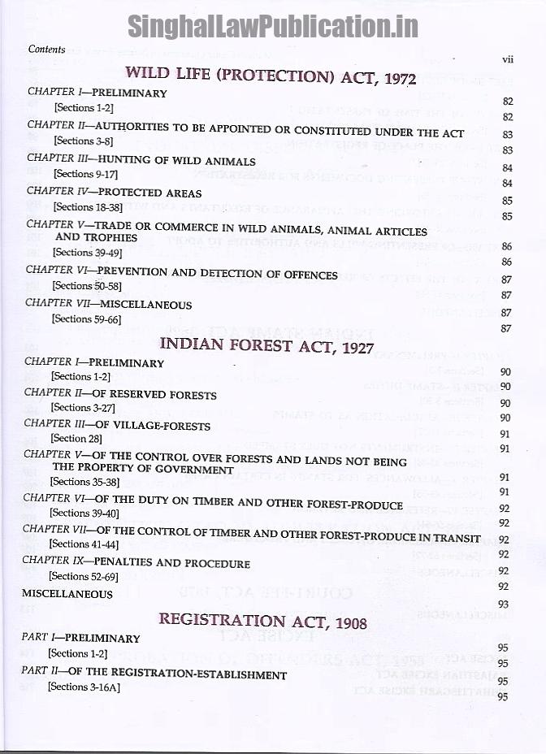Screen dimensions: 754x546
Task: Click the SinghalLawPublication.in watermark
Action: click(x=272, y=26)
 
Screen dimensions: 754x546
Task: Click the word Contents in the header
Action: click(x=46, y=50)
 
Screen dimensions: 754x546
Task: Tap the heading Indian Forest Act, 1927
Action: click(x=266, y=344)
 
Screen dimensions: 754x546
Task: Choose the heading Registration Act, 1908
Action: click(x=262, y=622)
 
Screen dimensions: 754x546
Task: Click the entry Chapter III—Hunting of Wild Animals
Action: click(x=141, y=161)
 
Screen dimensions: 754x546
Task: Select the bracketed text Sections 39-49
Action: click(x=84, y=253)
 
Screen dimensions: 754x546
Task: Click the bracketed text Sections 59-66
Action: click(x=83, y=319)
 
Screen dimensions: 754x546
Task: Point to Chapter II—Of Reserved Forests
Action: click(x=120, y=394)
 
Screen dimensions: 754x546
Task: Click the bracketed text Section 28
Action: click(x=80, y=438)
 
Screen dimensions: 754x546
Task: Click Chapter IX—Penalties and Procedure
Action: click(x=136, y=562)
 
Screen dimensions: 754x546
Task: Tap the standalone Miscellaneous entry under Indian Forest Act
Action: click(x=67, y=593)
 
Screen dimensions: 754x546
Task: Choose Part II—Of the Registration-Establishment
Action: click(x=154, y=674)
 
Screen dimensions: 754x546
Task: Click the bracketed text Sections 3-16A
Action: click(x=84, y=687)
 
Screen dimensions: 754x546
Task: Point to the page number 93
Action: click(x=503, y=604)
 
